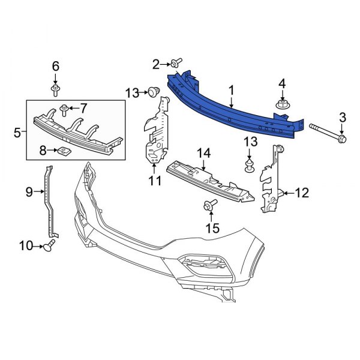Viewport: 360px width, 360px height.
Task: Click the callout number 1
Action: click(x=230, y=90)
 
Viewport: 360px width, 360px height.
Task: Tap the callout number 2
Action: click(x=155, y=64)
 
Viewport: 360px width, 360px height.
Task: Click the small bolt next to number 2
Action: click(x=176, y=63)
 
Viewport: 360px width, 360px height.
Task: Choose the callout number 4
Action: click(x=283, y=83)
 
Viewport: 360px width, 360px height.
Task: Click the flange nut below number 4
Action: click(x=283, y=106)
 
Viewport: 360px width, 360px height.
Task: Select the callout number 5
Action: click(x=17, y=131)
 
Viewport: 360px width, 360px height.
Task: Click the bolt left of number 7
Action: click(x=64, y=109)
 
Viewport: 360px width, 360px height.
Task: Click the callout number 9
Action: click(x=28, y=192)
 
